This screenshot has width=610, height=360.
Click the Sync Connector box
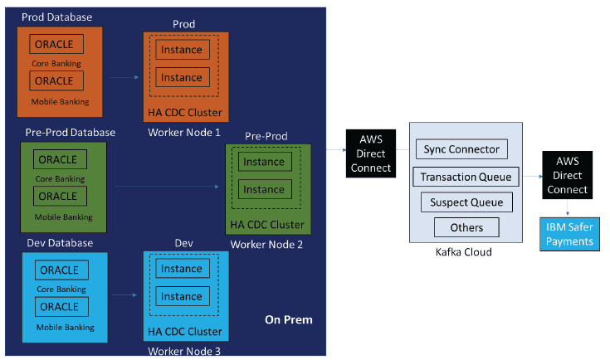pos(462,149)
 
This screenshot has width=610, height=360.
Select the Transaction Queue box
pos(466,177)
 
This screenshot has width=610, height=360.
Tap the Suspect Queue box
pos(466,202)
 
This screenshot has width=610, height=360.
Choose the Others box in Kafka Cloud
pos(466,227)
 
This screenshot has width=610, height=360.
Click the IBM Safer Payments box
pos(569,234)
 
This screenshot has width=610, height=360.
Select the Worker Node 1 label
pos(184,133)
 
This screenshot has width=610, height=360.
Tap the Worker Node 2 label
pos(266,245)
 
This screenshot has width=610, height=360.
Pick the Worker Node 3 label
pos(184,352)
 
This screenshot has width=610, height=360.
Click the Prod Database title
pos(59,17)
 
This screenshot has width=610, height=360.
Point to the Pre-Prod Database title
pos(70,132)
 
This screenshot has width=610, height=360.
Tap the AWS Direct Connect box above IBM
pos(568,176)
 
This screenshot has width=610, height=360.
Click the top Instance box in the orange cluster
pos(182,50)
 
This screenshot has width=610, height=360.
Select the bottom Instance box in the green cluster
pos(264,189)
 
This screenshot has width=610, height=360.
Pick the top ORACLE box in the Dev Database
pos(60,270)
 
